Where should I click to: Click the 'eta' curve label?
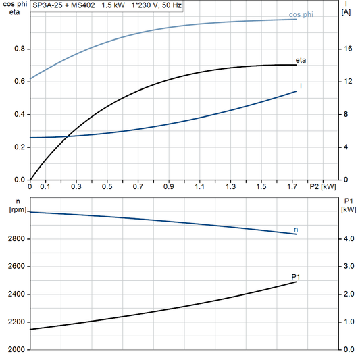click(301, 60)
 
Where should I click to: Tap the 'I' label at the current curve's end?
click(301, 86)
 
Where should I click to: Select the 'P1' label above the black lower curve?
click(296, 276)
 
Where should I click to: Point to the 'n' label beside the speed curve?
click(296, 230)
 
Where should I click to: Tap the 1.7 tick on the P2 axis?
click(292, 186)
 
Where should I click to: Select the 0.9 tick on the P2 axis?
click(169, 186)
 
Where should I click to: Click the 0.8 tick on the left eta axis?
click(18, 49)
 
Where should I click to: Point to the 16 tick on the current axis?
click(347, 49)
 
